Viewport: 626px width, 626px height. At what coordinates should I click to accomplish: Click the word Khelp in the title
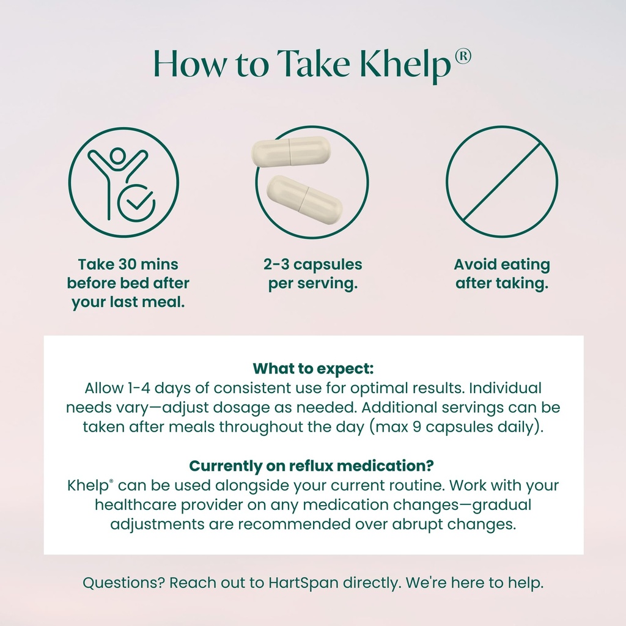(x=402, y=64)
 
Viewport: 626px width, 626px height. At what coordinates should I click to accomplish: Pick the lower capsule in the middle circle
(x=304, y=198)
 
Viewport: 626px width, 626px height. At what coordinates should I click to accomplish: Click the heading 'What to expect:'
(x=313, y=369)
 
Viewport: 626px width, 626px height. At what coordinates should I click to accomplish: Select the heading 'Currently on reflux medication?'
(x=312, y=466)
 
